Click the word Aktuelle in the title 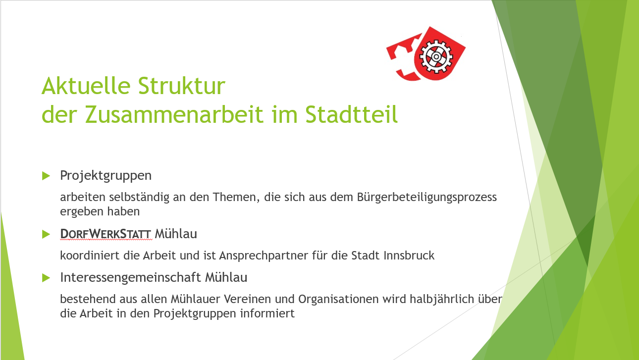[86, 86]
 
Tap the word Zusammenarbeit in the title [174, 114]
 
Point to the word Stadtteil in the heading [352, 114]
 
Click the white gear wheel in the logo [436, 56]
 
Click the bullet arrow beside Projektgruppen [46, 176]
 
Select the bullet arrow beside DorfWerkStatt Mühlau [46, 234]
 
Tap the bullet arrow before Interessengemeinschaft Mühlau [46, 278]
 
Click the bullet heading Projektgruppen [106, 176]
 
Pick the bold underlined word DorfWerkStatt [106, 234]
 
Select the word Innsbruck [409, 256]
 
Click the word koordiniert [90, 256]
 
